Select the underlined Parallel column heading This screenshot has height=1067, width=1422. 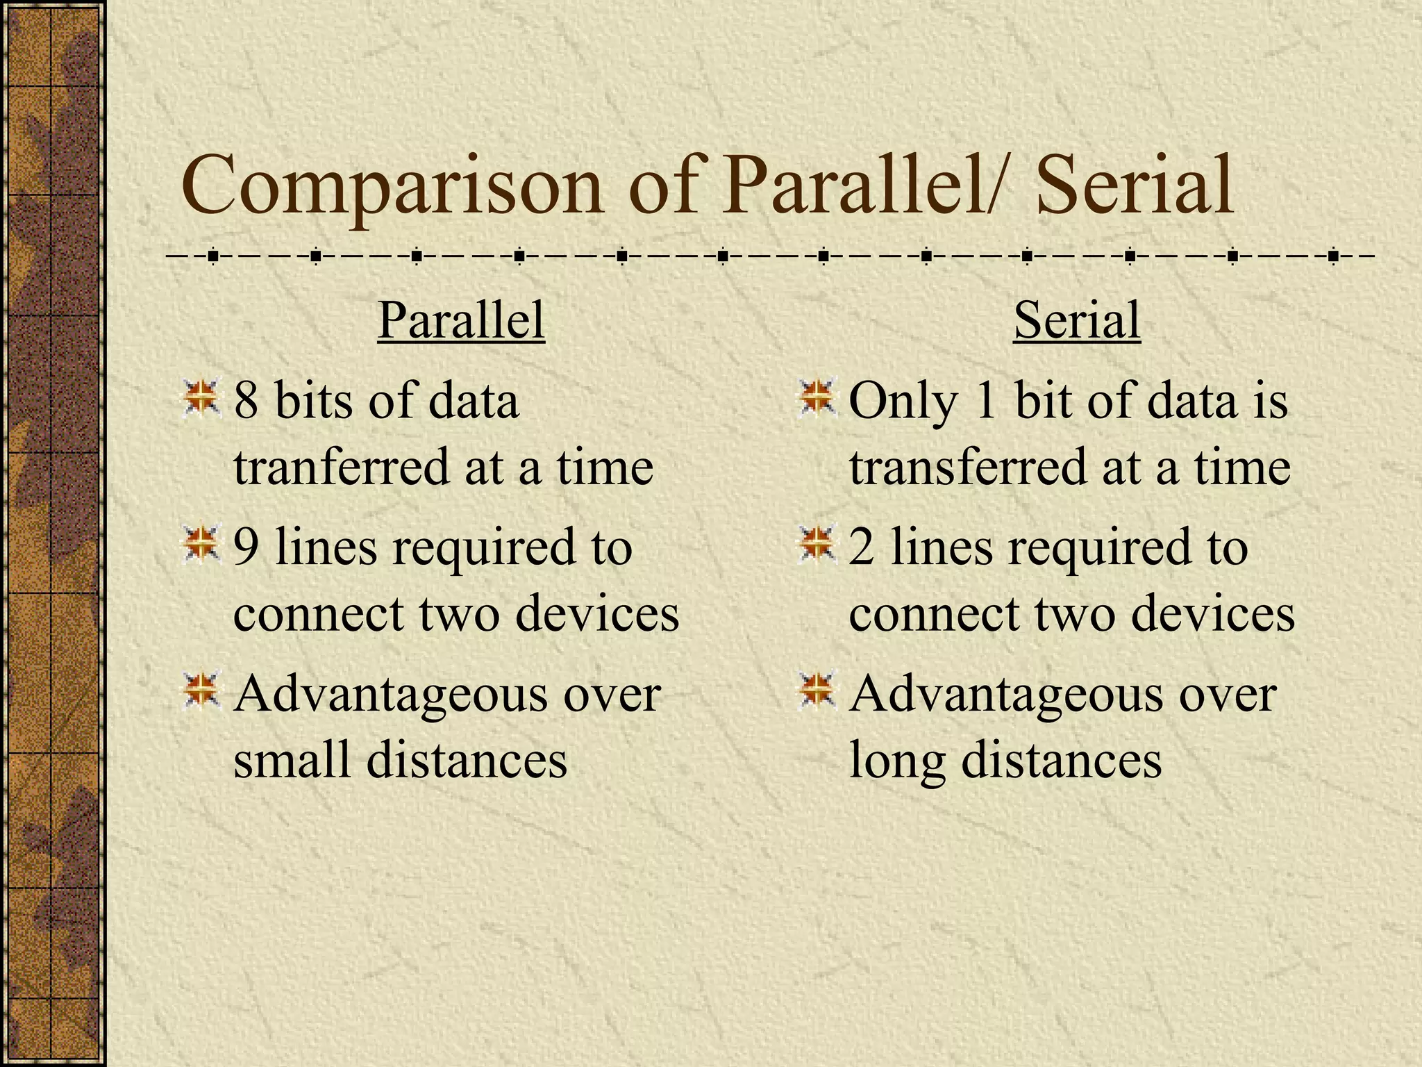pos(461,321)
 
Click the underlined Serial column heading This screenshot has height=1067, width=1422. pos(1077,321)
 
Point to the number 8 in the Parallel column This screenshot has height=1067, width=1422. pos(246,402)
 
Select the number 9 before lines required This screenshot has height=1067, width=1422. pos(246,547)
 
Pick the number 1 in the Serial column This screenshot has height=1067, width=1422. pos(986,402)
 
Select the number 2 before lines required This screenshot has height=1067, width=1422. pos(862,547)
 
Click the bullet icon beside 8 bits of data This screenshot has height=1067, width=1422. pos(201,399)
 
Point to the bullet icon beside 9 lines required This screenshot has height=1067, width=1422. pos(201,545)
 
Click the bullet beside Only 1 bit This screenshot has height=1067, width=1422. pos(817,399)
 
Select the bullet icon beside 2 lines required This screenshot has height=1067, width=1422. pos(817,545)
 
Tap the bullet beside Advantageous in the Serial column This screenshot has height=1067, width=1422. pos(817,691)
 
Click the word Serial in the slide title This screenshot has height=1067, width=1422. pos(1135,186)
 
